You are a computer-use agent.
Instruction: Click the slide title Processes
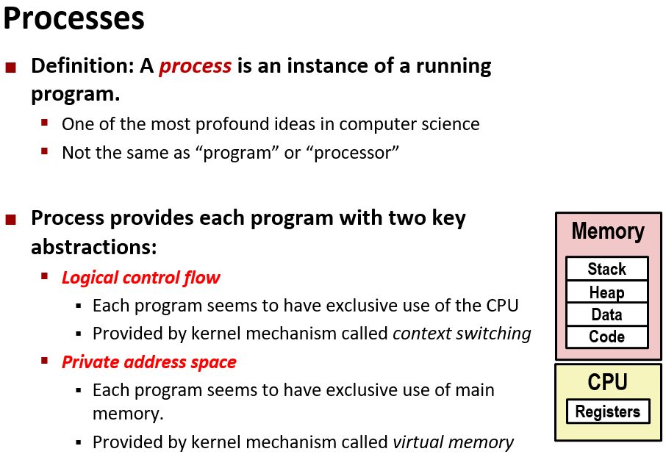pyautogui.click(x=74, y=18)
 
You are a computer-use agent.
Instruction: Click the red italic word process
pyautogui.click(x=195, y=66)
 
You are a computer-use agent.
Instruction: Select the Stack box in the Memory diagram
pyautogui.click(x=606, y=269)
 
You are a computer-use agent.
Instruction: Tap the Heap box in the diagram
pyautogui.click(x=606, y=292)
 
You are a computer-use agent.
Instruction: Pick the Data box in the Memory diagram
pyautogui.click(x=606, y=314)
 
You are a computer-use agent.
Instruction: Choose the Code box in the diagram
pyautogui.click(x=606, y=337)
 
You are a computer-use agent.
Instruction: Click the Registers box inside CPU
pyautogui.click(x=607, y=411)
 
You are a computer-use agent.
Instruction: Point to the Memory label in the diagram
pyautogui.click(x=607, y=231)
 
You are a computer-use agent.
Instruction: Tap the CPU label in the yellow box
pyautogui.click(x=607, y=382)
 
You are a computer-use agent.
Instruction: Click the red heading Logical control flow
pyautogui.click(x=140, y=278)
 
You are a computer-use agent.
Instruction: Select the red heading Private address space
pyautogui.click(x=148, y=362)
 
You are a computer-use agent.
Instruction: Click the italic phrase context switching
pyautogui.click(x=462, y=334)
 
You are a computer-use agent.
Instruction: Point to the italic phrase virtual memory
pyautogui.click(x=453, y=442)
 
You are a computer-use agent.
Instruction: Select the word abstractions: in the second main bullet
pyautogui.click(x=94, y=247)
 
